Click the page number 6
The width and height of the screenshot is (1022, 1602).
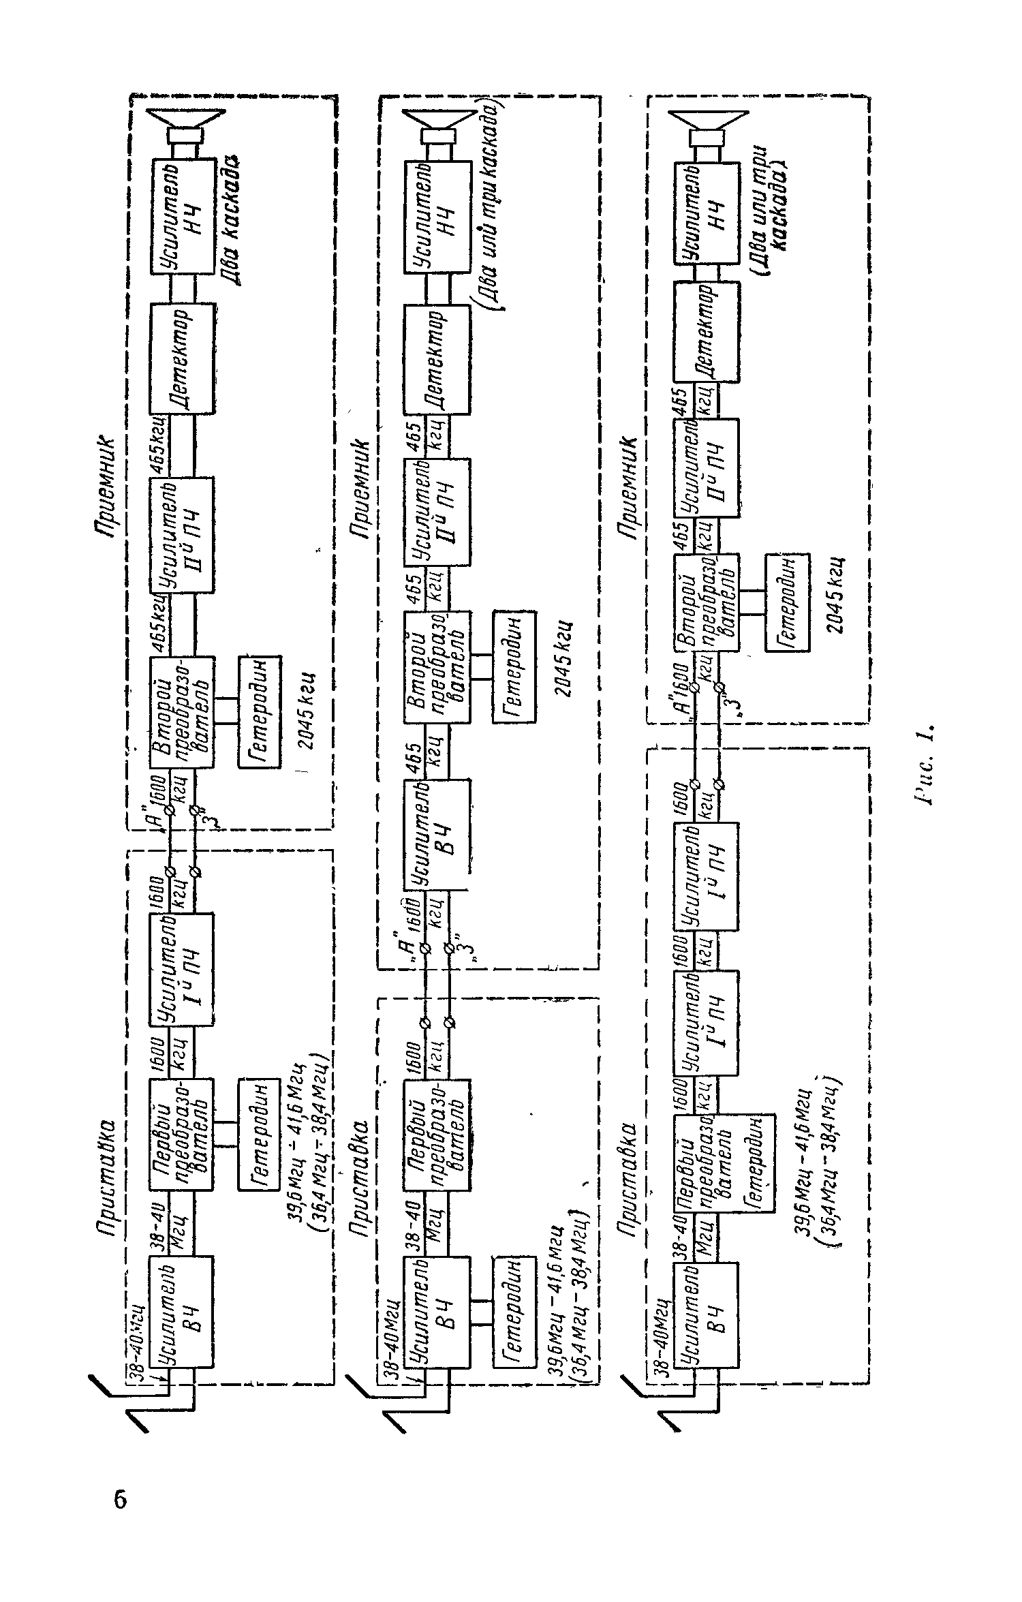pos(120,1500)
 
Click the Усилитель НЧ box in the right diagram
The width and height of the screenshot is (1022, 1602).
pos(707,213)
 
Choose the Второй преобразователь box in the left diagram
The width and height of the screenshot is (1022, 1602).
pos(181,713)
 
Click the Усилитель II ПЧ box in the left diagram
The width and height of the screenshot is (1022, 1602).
pos(181,534)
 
